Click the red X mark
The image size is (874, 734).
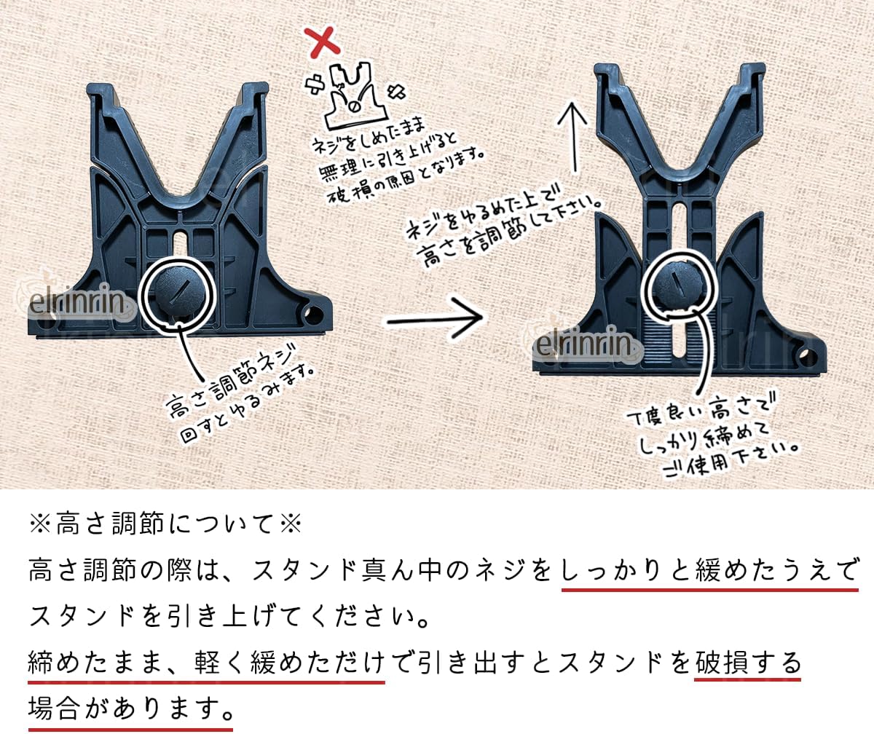[322, 42]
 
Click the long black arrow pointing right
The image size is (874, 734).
[435, 317]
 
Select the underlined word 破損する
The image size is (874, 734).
[747, 663]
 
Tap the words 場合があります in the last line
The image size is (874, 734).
[130, 709]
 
